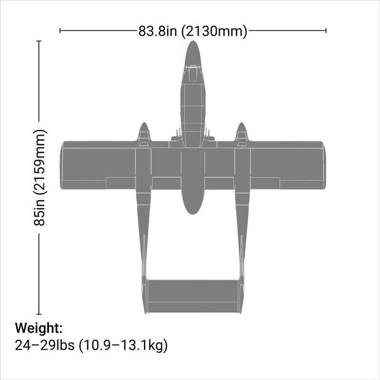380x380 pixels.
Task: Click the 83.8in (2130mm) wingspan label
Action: (x=193, y=31)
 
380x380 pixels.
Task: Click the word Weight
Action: (x=39, y=328)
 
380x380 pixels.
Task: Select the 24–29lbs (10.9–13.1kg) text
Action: (x=91, y=345)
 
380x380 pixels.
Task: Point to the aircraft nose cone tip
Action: (x=193, y=43)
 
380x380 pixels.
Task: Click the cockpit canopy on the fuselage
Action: (x=193, y=74)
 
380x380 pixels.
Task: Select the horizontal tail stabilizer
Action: (x=193, y=296)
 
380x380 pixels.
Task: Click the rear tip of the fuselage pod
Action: (x=193, y=212)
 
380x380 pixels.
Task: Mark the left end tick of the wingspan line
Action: (x=60, y=31)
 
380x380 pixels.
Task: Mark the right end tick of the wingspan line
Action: (x=326, y=31)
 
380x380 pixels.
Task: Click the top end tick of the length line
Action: (x=39, y=41)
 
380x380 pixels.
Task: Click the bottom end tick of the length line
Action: (x=39, y=314)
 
